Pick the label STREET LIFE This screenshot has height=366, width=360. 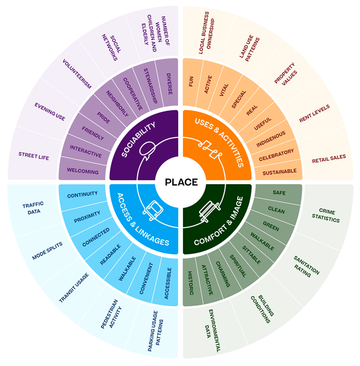[33, 157]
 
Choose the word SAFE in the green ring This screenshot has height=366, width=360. [279, 193]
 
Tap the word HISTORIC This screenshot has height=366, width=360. [191, 283]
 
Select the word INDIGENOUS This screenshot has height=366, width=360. [271, 139]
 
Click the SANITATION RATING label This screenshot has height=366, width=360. [307, 262]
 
